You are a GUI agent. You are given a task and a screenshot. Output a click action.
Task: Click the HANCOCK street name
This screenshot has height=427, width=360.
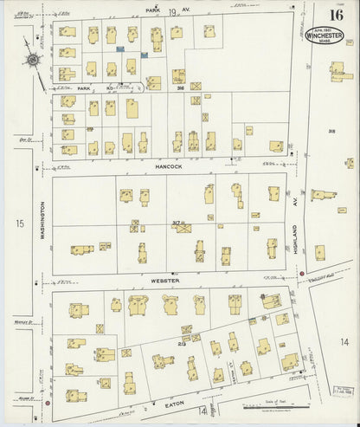click(170, 165)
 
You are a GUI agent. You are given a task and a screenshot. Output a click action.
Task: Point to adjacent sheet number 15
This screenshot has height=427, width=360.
click(17, 224)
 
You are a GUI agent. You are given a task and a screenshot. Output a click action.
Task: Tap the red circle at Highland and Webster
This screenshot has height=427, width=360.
click(302, 275)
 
